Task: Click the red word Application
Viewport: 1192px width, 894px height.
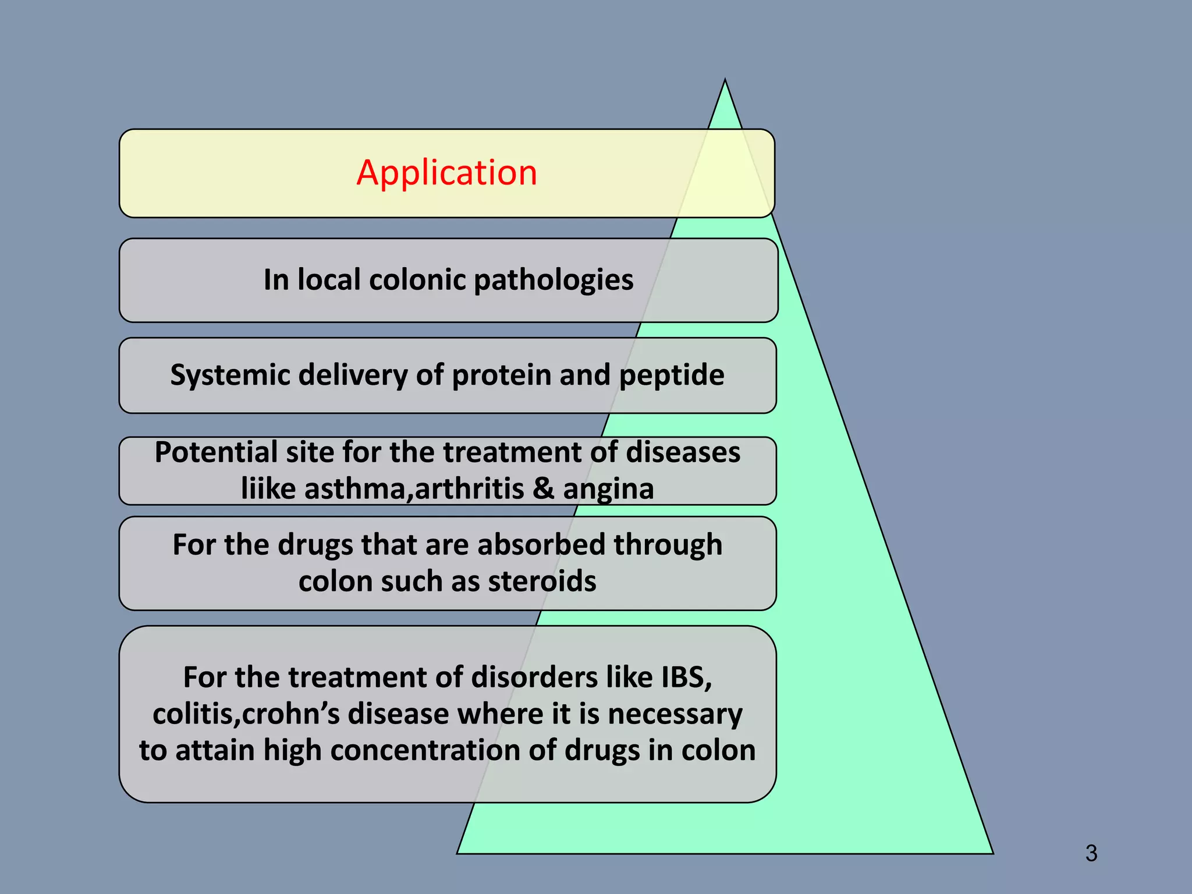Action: coord(446,173)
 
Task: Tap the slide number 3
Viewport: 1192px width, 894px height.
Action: coord(1091,853)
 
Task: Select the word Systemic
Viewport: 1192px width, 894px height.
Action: coord(230,375)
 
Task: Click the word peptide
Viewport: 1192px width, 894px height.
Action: coord(672,375)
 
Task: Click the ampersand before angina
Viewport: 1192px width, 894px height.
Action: coord(543,488)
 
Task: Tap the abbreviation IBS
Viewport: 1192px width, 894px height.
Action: coord(686,677)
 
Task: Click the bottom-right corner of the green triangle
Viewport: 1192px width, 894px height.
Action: coord(992,853)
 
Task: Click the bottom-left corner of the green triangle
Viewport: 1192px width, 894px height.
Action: coord(458,853)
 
